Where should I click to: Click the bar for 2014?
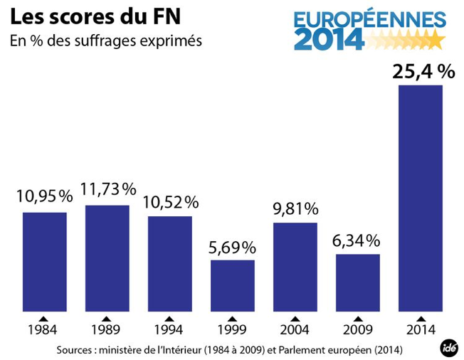coord(420,198)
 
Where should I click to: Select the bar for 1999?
coord(232,285)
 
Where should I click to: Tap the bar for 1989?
coord(107,258)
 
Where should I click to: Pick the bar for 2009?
coord(357,282)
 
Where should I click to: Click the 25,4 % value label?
coord(423,73)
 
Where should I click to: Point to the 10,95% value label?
coord(44,196)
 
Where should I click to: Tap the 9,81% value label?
coord(295,209)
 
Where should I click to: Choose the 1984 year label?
coord(43,331)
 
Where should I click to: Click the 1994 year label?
coord(169,331)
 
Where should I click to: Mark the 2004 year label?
coord(295,331)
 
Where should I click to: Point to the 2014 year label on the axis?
coord(420,331)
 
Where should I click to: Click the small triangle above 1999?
coord(232,318)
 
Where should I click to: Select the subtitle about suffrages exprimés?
coord(106,41)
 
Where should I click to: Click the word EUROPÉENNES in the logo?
coord(371,19)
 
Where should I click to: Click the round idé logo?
coord(447,347)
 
